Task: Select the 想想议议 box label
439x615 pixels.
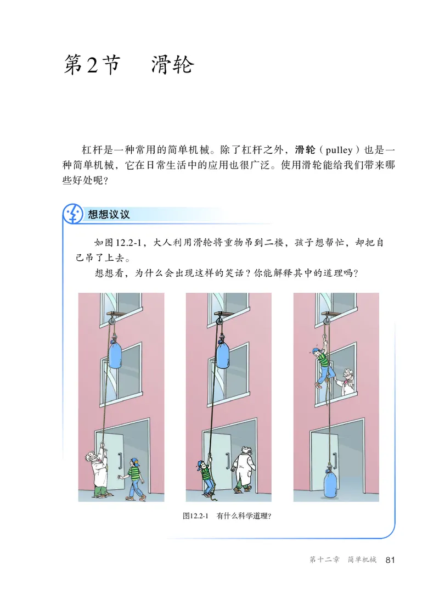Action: point(109,214)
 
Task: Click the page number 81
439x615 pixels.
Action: point(390,560)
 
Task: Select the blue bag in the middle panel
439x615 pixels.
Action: point(223,354)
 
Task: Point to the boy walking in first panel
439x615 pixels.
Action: point(133,478)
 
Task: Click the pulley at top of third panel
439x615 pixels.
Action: point(327,318)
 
